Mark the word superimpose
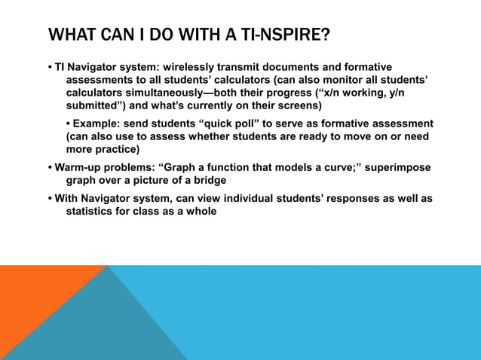[x=397, y=167]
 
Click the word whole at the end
[x=200, y=212]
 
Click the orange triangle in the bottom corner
[x=30, y=301]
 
